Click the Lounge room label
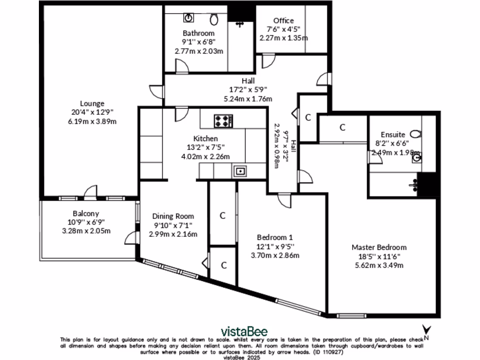92,104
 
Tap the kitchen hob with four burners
224,121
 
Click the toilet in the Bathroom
214,19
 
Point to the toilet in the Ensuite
417,134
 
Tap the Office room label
284,21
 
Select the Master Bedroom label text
379,247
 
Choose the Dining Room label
173,216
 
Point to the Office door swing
268,60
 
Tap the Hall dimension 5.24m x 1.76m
248,99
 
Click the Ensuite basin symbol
416,158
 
